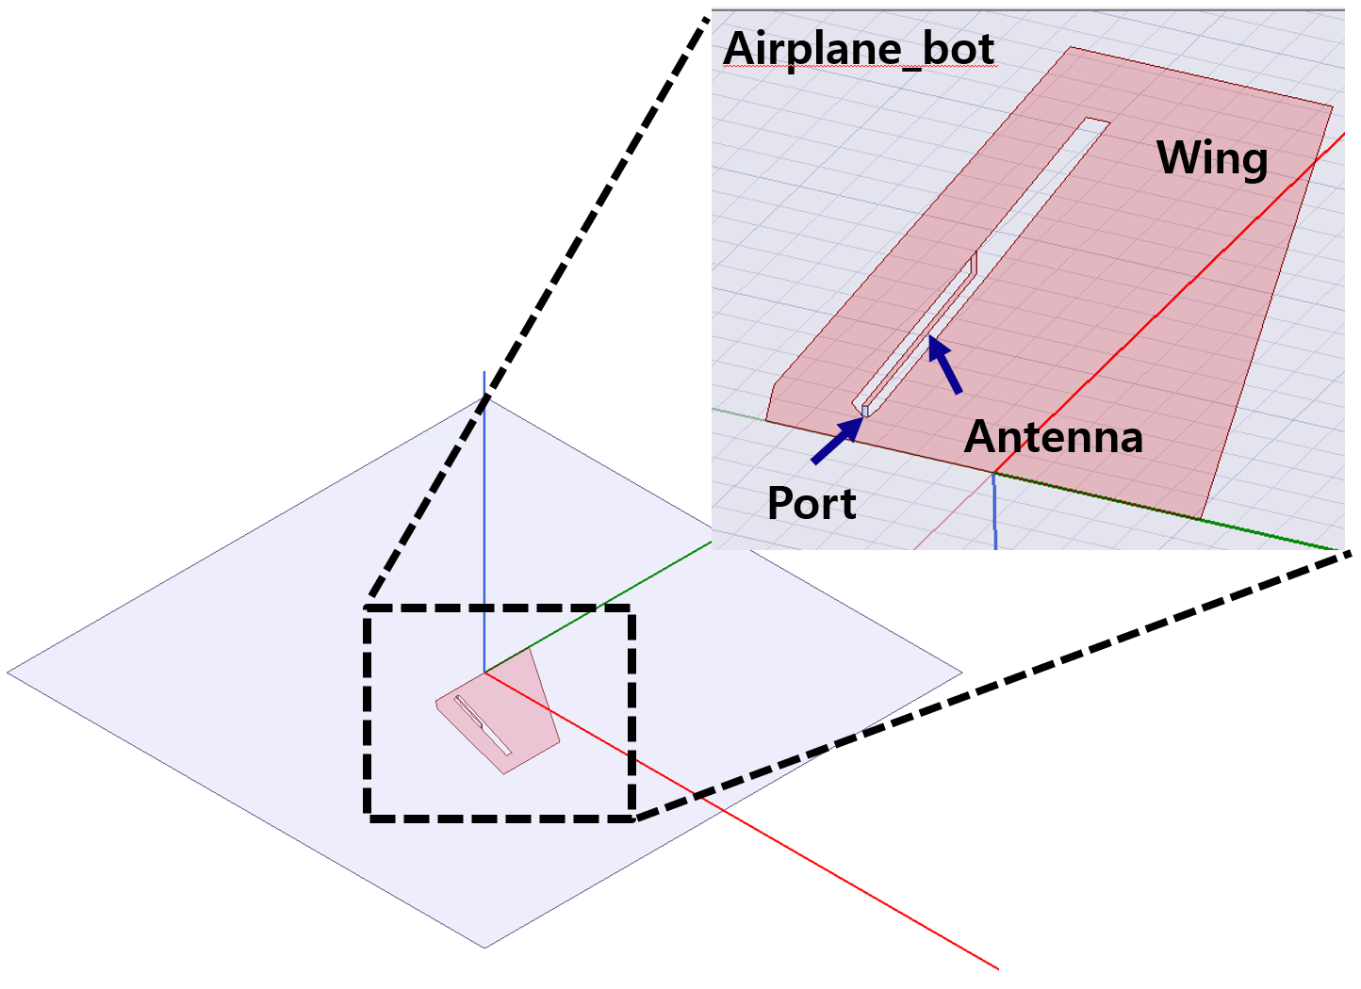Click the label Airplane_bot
click(x=858, y=49)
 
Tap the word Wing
click(x=1211, y=158)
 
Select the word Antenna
click(x=1053, y=437)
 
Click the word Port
click(x=811, y=504)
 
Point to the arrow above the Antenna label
click(x=944, y=365)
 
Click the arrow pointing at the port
click(x=837, y=441)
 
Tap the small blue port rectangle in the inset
click(x=865, y=412)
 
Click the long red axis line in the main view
click(x=754, y=829)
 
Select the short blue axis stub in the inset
click(x=994, y=513)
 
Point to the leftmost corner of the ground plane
click(x=8, y=673)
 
